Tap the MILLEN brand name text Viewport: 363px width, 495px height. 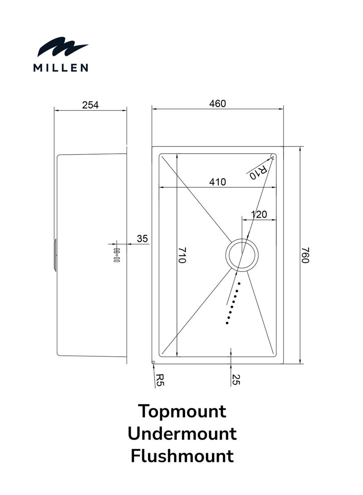(x=61, y=68)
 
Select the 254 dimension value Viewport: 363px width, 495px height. (x=90, y=105)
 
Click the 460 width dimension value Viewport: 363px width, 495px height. (x=217, y=104)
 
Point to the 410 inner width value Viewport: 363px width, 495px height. (x=217, y=182)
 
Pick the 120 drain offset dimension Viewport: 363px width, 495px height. (x=259, y=214)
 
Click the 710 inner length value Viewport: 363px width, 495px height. (x=181, y=256)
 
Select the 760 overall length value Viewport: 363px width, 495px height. (x=305, y=255)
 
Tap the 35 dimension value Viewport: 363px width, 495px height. (x=142, y=239)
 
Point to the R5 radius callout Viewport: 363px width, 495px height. (x=159, y=379)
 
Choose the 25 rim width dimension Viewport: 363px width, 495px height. (x=235, y=379)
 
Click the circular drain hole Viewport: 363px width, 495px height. (x=242, y=255)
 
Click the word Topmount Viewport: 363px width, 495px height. (x=181, y=412)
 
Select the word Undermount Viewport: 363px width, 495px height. (x=181, y=434)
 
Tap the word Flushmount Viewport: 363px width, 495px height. (x=181, y=456)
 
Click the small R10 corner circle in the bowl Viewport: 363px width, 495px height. (x=273, y=156)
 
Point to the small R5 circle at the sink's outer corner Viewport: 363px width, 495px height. (x=153, y=362)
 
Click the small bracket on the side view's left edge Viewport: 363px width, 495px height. (x=55, y=255)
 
